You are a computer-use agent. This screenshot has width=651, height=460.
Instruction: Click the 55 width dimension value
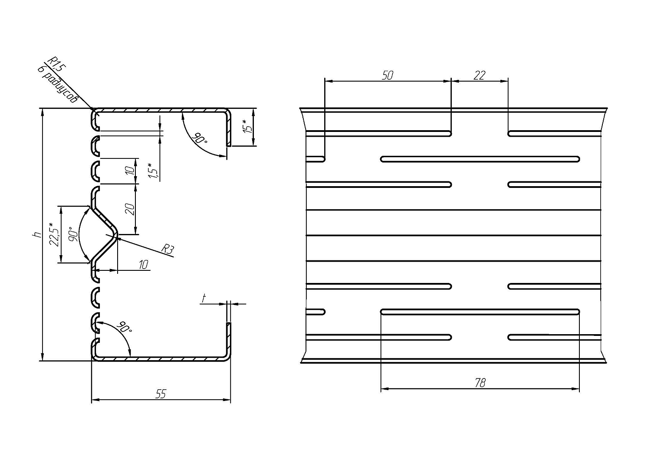point(161,394)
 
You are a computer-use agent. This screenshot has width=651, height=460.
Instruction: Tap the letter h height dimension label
point(37,234)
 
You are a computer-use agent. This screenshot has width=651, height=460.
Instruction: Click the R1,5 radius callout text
point(57,64)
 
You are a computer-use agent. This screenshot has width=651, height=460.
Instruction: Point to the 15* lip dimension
point(247,126)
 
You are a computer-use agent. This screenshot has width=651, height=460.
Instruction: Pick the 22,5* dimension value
point(54,234)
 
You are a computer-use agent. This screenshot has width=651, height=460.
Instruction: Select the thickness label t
point(203,298)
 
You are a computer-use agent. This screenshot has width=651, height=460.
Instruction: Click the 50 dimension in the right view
point(388,75)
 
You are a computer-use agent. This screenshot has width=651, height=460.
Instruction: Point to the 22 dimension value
point(479,75)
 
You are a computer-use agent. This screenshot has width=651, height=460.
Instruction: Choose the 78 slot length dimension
point(480,382)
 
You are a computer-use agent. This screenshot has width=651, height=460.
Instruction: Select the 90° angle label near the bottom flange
point(124,328)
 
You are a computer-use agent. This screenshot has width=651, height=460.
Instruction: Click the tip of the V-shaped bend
point(117,234)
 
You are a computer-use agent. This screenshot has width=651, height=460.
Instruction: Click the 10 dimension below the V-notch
point(144,264)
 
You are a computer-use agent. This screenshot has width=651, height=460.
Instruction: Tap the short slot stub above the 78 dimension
point(316,312)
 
